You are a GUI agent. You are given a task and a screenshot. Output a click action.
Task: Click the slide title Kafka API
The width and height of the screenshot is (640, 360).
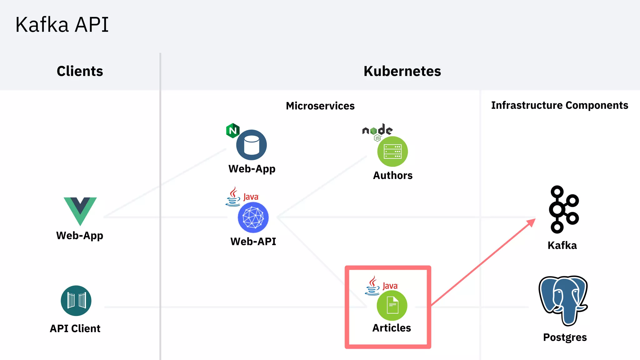62,25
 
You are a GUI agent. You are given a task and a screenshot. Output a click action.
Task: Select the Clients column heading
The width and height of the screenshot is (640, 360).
80,71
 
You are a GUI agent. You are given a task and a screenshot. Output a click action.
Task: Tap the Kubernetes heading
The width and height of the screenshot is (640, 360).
402,71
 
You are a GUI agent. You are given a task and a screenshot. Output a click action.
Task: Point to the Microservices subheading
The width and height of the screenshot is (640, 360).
320,106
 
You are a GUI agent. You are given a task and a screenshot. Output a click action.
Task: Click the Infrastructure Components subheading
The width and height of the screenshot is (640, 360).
559,105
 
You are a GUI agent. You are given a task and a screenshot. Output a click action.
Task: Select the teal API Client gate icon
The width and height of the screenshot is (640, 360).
76,301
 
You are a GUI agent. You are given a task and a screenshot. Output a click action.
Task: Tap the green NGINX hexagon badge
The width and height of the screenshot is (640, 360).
233,131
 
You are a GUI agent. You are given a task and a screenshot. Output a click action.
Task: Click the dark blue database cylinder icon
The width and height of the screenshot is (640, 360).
252,145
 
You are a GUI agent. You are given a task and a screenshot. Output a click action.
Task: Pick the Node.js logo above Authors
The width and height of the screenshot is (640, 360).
377,131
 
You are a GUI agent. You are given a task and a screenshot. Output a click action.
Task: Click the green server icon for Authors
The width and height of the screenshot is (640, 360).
392,152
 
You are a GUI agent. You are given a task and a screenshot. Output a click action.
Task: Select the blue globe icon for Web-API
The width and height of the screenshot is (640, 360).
253,217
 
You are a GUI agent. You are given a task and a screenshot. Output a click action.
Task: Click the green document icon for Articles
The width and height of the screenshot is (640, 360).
392,305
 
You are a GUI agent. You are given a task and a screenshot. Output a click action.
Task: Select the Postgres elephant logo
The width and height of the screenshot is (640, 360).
563,299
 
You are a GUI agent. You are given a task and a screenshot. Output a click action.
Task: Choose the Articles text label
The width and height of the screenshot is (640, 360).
392,328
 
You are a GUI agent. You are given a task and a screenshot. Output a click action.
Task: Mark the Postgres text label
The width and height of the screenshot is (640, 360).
565,337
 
